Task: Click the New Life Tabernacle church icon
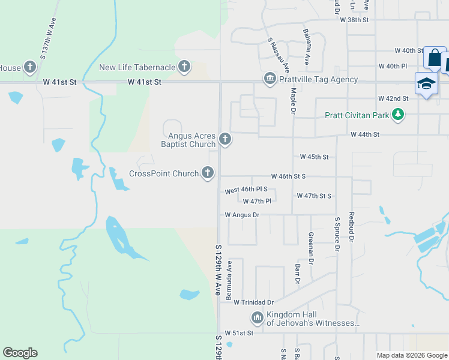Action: tap(184, 67)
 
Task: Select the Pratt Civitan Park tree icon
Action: tap(397, 114)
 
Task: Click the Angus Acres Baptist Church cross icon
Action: tap(225, 140)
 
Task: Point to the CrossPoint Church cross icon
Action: tap(208, 173)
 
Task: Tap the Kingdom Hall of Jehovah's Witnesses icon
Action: tap(257, 317)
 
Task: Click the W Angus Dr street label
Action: tap(242, 214)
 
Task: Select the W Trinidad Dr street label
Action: tap(253, 302)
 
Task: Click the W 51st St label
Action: tap(239, 332)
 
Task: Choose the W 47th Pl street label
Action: tap(258, 201)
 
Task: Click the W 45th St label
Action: tap(314, 157)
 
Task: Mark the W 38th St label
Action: tap(354, 20)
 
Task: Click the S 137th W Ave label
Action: tap(48, 37)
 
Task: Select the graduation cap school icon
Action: tap(426, 84)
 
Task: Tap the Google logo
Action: tap(20, 353)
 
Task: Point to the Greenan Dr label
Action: tap(311, 248)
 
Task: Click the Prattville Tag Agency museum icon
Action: tap(270, 79)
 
